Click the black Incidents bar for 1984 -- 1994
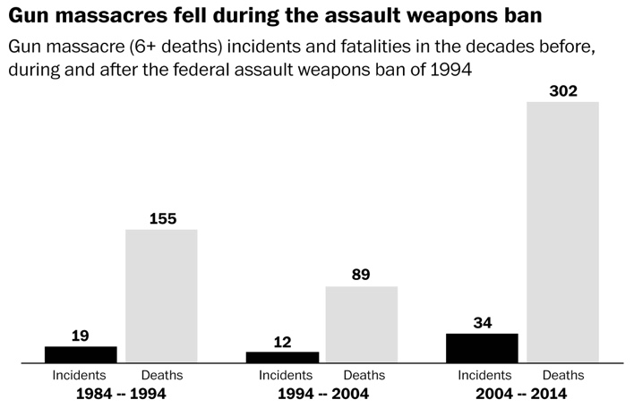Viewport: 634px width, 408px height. [x=81, y=354]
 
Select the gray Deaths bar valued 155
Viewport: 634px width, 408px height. [x=161, y=296]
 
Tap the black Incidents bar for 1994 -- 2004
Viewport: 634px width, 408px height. [x=281, y=357]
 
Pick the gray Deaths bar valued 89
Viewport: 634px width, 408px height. [x=361, y=325]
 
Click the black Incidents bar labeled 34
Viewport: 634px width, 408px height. [x=482, y=348]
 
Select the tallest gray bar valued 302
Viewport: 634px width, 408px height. [x=562, y=233]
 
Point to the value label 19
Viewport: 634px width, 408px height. [x=81, y=336]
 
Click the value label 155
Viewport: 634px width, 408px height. [x=161, y=218]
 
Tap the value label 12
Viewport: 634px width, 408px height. [x=281, y=341]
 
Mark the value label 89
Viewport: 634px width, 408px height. [x=361, y=276]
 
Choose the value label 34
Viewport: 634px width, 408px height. [x=482, y=322]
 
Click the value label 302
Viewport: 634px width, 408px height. [x=562, y=90]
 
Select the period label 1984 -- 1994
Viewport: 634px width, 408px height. [x=121, y=394]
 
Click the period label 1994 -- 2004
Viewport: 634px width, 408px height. [x=321, y=394]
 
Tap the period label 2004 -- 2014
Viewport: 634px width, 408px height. [x=522, y=394]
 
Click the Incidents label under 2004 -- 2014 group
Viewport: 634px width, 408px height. [x=484, y=376]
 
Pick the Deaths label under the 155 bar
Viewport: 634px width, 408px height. [x=162, y=376]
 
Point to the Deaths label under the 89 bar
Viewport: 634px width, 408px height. [x=364, y=376]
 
